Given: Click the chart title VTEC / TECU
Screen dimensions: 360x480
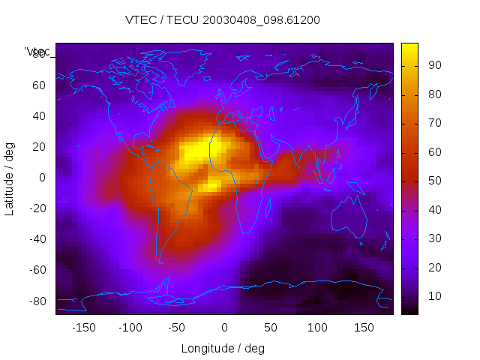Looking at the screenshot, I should [223, 20].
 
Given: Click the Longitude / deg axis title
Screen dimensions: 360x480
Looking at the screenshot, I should [223, 348].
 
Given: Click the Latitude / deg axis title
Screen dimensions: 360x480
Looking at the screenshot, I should [10, 178].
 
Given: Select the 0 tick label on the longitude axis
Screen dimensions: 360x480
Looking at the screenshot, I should [224, 328].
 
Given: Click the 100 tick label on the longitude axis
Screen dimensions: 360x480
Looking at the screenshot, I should [317, 328].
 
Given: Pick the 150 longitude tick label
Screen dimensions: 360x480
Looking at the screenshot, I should [364, 328].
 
